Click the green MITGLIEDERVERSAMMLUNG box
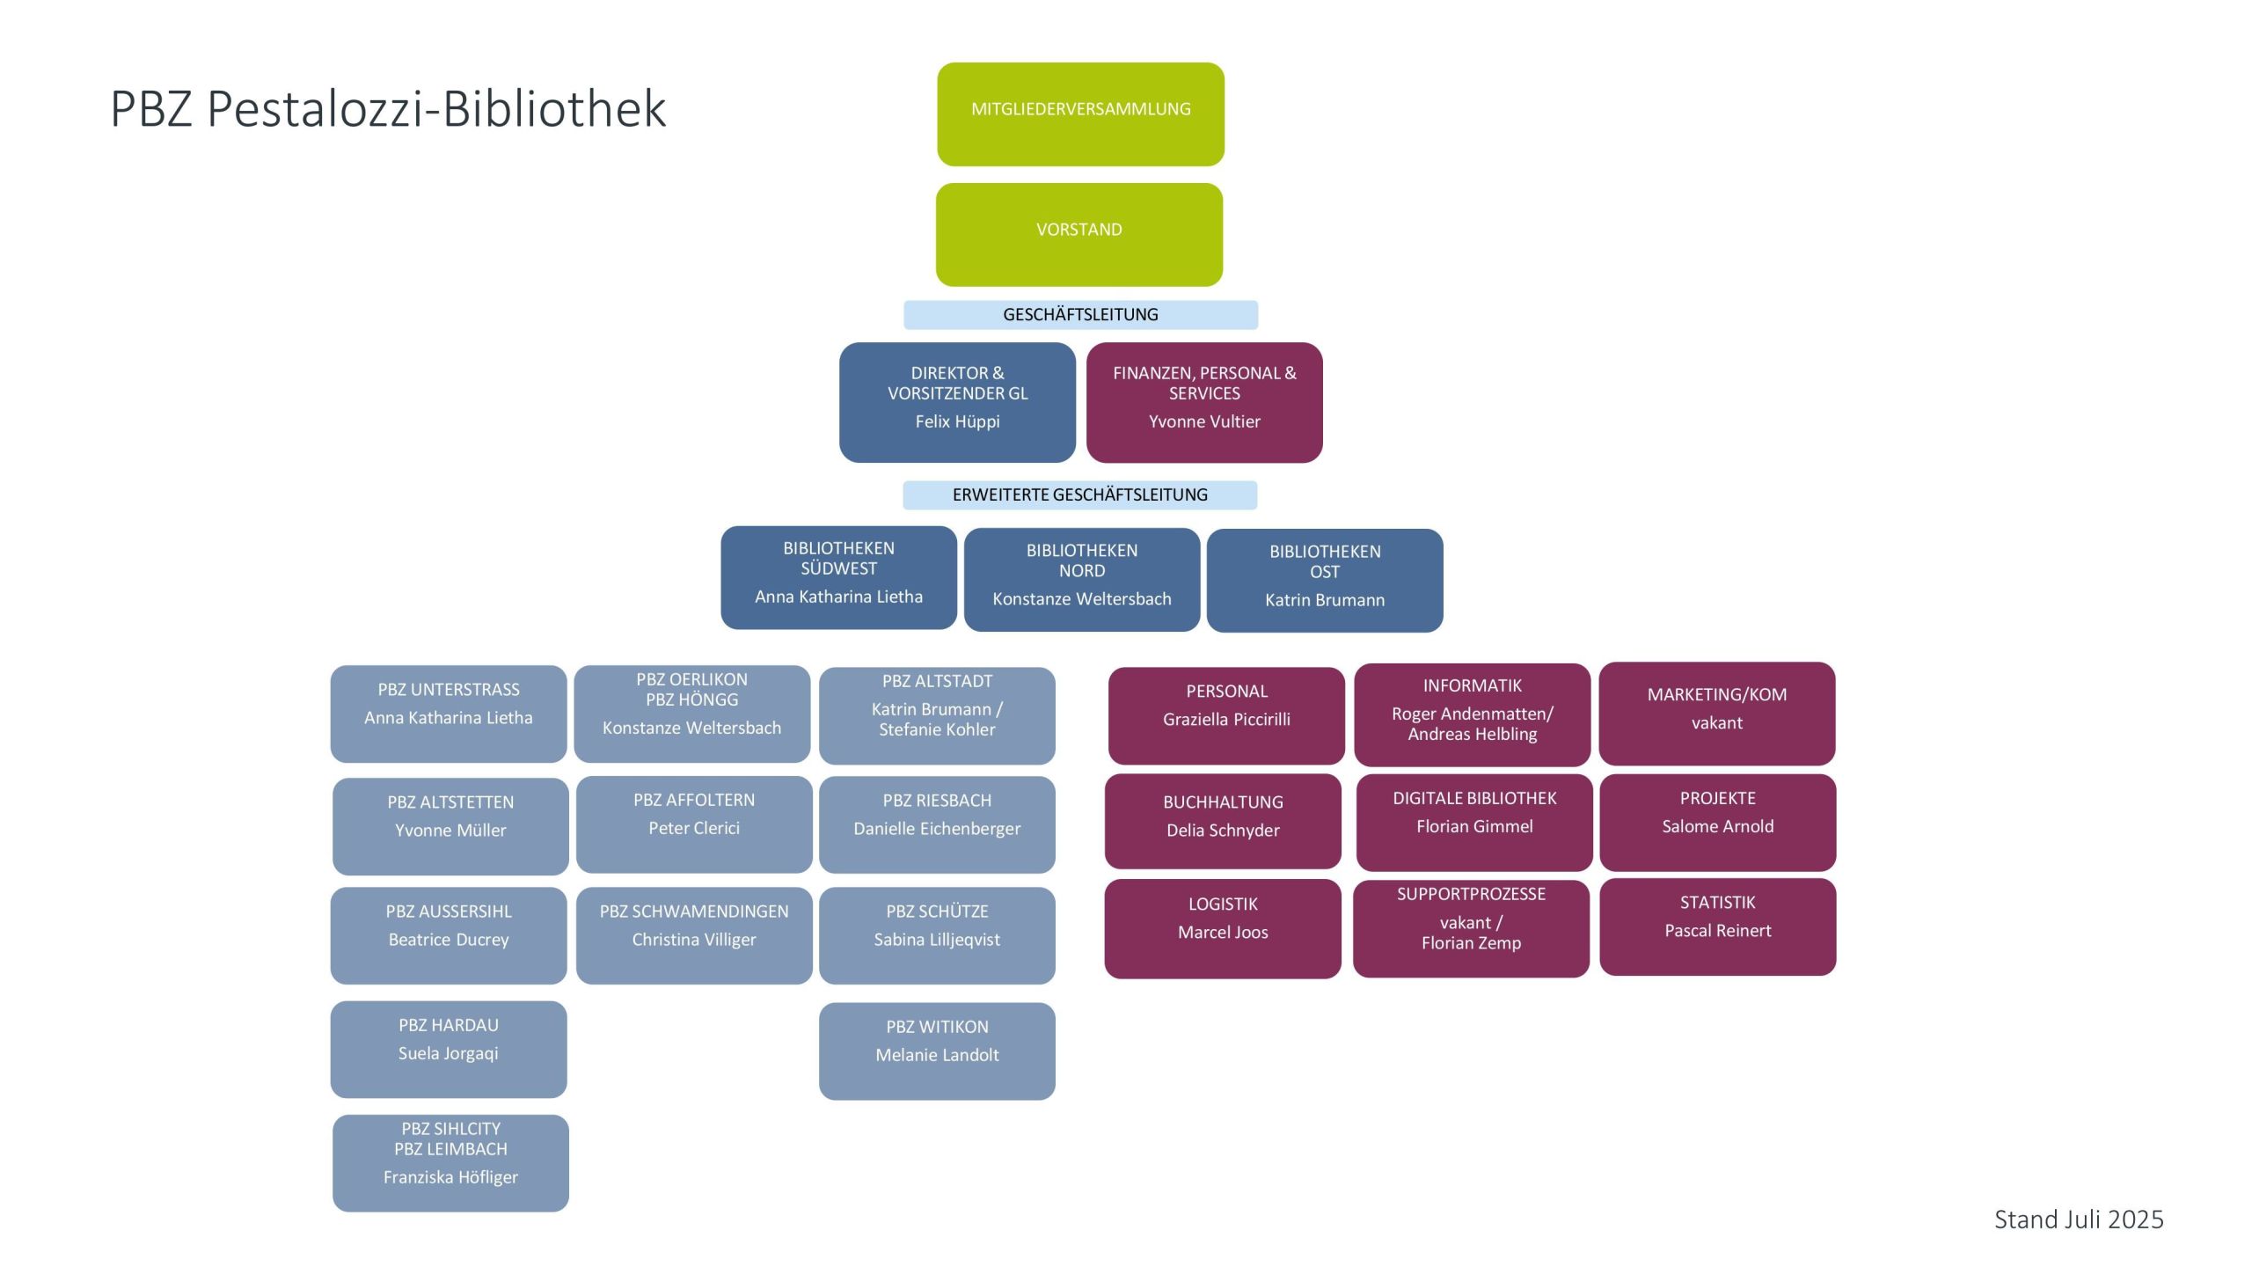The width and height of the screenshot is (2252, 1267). (x=1080, y=114)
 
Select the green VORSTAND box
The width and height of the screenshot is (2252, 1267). (x=1078, y=234)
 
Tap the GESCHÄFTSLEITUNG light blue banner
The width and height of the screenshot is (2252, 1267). (x=1080, y=314)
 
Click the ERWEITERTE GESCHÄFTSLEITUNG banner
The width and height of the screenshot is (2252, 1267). (x=1079, y=494)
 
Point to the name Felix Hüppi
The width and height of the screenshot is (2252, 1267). (x=957, y=421)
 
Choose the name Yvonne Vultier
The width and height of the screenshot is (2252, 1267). (x=1204, y=421)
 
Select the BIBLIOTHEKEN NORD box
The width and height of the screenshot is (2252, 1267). (x=1081, y=579)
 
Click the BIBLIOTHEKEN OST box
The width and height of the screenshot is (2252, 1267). (x=1324, y=580)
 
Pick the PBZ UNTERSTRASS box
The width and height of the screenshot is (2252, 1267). (x=449, y=714)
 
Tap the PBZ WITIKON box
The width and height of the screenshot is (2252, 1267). (x=937, y=1051)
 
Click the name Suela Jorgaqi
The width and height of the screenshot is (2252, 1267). (x=448, y=1053)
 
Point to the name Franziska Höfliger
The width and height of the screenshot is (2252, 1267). (x=450, y=1177)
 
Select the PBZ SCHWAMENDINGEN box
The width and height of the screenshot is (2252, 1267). (x=694, y=935)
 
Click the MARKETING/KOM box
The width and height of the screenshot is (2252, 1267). (x=1716, y=713)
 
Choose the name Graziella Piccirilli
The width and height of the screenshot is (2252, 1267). (x=1226, y=719)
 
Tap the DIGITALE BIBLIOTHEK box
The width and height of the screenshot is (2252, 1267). (x=1474, y=822)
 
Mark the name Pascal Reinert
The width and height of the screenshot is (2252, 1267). (x=1717, y=931)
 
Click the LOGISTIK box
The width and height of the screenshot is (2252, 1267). (x=1223, y=928)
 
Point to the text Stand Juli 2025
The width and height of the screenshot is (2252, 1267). (x=2078, y=1219)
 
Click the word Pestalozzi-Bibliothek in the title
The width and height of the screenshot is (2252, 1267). (x=436, y=109)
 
